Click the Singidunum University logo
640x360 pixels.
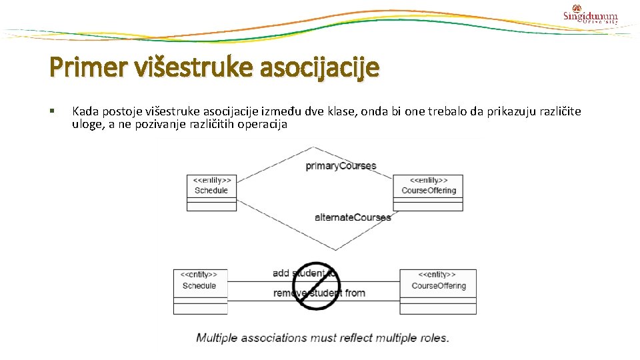[590, 15]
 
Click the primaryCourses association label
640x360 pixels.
[341, 165]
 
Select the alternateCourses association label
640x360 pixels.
[353, 217]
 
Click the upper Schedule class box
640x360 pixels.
[211, 192]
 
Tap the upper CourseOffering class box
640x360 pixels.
[428, 192]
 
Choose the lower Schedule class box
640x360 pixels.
[200, 291]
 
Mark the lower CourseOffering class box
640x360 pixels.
[438, 291]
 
